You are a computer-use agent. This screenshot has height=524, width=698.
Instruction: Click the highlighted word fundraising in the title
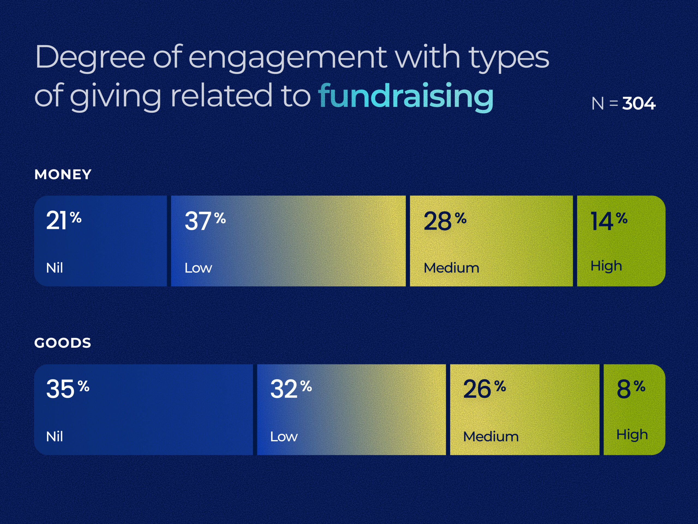(406, 96)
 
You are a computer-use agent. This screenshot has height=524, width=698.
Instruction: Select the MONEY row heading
(63, 174)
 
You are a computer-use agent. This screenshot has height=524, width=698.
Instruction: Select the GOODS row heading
(62, 343)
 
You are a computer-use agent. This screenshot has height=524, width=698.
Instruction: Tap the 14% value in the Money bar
(609, 221)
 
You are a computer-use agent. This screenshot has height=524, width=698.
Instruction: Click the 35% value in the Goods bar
(68, 389)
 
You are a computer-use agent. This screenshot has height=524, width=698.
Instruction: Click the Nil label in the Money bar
(55, 268)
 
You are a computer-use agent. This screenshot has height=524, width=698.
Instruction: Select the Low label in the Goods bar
(284, 436)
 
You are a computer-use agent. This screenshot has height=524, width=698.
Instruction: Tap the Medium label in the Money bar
(451, 268)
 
